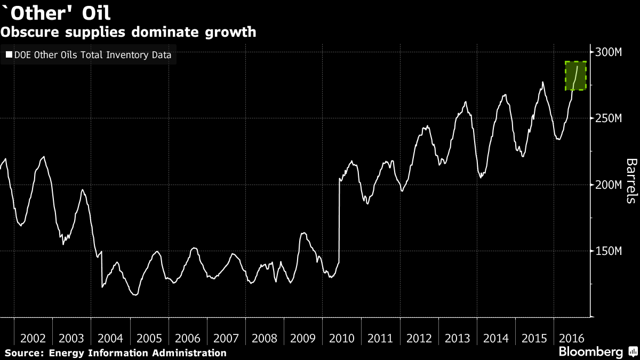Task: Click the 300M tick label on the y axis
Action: (608, 52)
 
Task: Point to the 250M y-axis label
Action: (608, 118)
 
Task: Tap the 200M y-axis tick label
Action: (608, 185)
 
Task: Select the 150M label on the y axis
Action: (608, 251)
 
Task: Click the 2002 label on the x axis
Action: (33, 338)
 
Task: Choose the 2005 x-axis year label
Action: (149, 338)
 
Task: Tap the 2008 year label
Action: (265, 338)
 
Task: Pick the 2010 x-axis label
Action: (342, 338)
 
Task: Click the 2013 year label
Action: (458, 338)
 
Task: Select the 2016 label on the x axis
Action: (572, 338)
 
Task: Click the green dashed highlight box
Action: (576, 75)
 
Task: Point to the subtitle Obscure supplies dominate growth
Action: (128, 32)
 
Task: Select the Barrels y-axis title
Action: (631, 181)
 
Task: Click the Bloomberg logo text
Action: (590, 351)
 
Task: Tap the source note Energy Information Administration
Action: (137, 353)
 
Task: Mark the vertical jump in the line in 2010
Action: (339, 219)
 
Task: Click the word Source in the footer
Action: (24, 353)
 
